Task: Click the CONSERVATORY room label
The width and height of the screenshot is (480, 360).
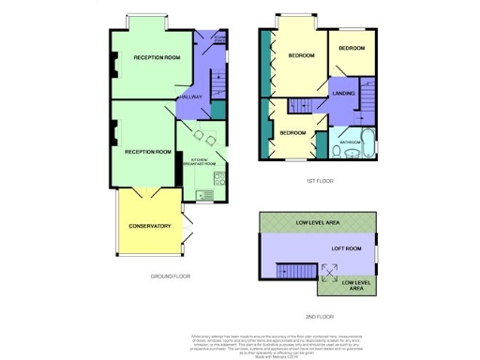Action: (x=150, y=226)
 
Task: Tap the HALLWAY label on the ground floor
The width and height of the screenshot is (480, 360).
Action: (x=191, y=97)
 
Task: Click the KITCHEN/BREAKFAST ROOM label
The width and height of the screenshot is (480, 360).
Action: (x=203, y=161)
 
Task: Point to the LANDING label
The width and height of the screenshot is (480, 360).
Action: (x=343, y=92)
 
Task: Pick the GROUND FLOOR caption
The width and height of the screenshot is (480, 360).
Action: (x=171, y=277)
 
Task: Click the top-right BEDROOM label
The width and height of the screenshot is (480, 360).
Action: (x=352, y=48)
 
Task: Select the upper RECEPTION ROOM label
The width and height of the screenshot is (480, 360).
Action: (x=157, y=58)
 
